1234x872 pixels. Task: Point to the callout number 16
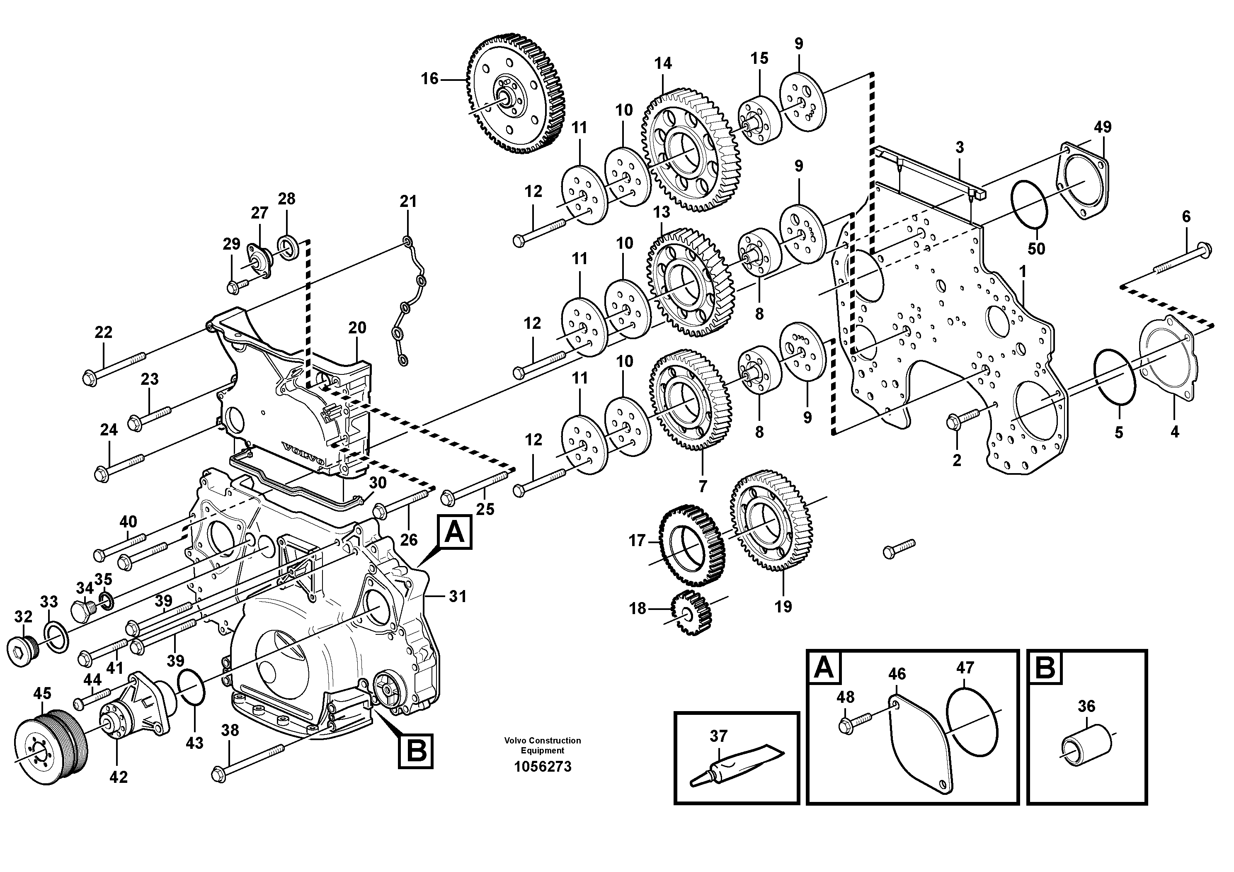(x=429, y=79)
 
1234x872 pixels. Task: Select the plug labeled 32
(x=23, y=653)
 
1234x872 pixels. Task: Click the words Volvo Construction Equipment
(x=542, y=745)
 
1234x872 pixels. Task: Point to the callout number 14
(x=663, y=63)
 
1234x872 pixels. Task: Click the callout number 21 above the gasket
(x=408, y=202)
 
